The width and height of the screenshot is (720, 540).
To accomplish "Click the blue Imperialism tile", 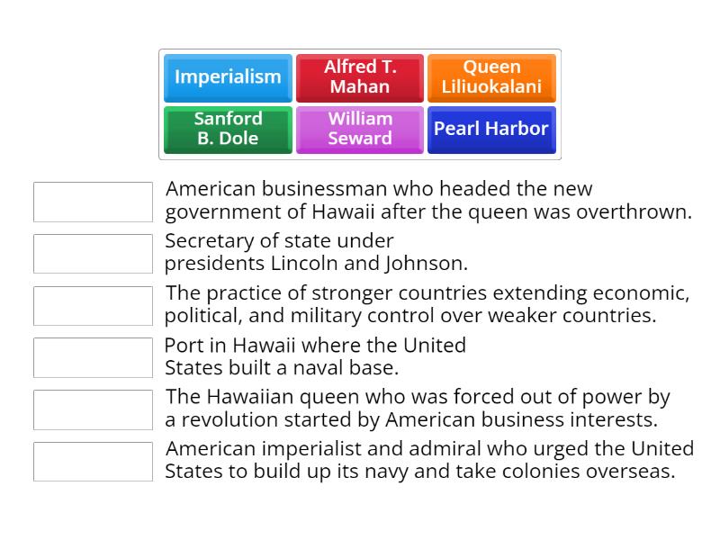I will tap(228, 77).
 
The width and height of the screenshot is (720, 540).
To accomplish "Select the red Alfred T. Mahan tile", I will tap(359, 77).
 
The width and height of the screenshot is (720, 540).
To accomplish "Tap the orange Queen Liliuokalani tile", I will tap(491, 77).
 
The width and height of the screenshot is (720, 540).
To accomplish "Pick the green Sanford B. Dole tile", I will tap(228, 129).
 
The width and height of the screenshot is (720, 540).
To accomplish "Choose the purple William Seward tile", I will tap(359, 129).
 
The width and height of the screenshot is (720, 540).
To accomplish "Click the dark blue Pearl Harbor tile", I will tap(491, 129).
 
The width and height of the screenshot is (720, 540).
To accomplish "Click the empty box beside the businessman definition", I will tap(93, 202).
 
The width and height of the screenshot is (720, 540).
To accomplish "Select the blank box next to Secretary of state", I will tap(93, 254).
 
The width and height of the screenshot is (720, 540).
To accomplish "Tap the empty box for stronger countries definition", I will tap(93, 306).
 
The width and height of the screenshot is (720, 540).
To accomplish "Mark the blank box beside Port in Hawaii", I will tap(93, 357).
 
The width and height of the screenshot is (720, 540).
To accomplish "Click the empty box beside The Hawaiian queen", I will tap(93, 409).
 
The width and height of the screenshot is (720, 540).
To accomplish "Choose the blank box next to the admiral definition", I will tap(93, 462).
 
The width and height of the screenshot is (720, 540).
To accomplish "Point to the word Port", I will tap(184, 346).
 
